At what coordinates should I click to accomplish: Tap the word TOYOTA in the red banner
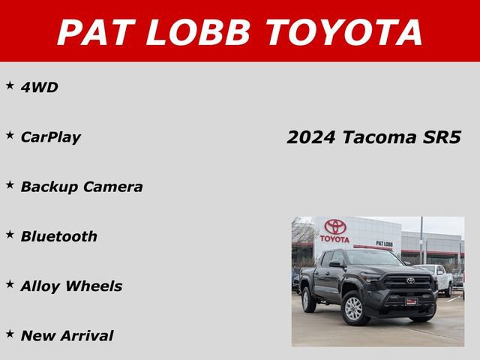(x=344, y=31)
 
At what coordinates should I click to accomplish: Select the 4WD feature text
(x=39, y=88)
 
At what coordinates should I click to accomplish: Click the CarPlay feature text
(x=50, y=137)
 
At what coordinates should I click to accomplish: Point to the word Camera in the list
(x=113, y=187)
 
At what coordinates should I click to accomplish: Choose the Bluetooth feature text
(x=58, y=236)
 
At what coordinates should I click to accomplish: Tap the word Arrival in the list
(x=88, y=335)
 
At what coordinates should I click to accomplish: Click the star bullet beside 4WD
(x=10, y=85)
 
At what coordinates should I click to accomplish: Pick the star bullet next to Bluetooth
(x=10, y=234)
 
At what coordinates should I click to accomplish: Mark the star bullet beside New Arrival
(x=10, y=333)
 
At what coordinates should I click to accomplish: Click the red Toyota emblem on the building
(x=334, y=227)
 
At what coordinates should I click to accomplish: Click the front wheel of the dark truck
(x=352, y=307)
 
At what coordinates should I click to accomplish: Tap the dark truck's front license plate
(x=411, y=301)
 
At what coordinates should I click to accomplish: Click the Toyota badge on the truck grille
(x=410, y=280)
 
